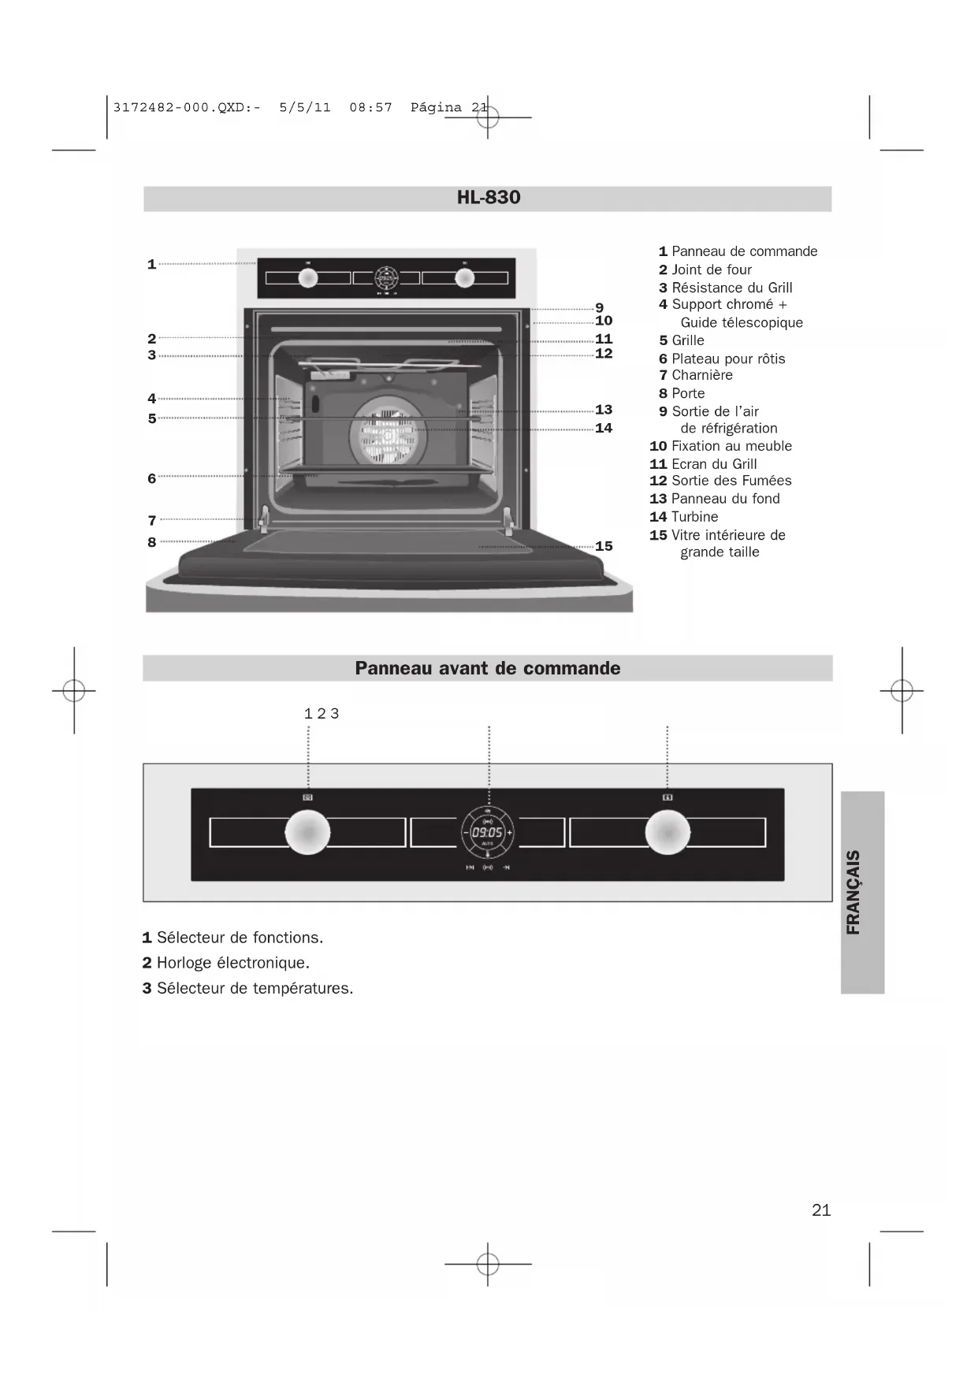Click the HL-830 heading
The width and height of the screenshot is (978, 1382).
(489, 197)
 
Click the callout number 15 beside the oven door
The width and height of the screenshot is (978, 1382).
(604, 546)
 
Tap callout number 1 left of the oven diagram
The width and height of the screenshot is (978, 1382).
(151, 264)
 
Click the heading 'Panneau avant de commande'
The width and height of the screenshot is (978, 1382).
(488, 668)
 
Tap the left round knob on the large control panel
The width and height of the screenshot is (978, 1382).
(307, 833)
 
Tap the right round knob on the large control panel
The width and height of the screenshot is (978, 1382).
(667, 833)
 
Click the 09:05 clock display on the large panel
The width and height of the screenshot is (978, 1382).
(487, 833)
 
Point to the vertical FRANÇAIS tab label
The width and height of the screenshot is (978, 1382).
(853, 892)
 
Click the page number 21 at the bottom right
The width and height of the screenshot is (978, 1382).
(821, 1210)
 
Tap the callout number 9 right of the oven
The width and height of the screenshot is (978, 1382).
(600, 307)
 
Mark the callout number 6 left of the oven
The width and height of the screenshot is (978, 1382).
(151, 478)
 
